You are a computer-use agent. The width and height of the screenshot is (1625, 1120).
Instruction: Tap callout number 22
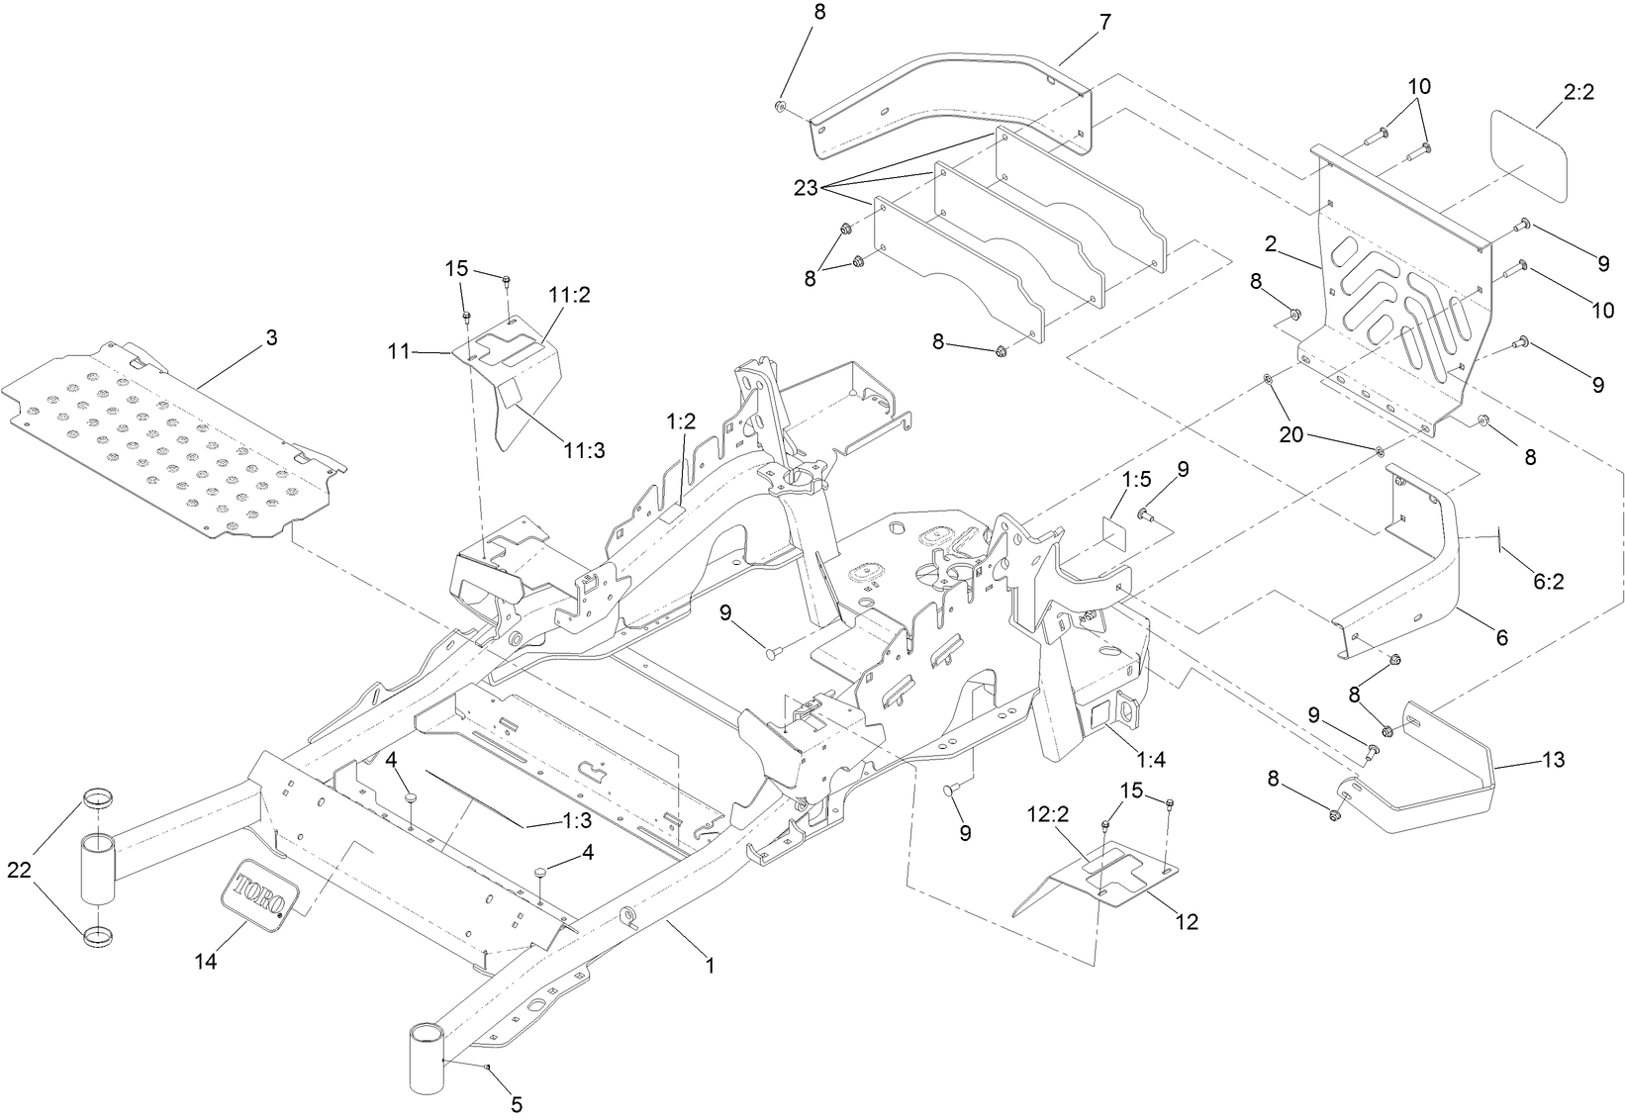[20, 870]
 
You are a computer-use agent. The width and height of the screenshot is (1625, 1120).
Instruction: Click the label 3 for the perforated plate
[271, 338]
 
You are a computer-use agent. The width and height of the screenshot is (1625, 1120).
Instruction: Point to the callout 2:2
[1578, 93]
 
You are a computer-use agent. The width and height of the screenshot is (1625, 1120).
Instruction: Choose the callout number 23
[806, 187]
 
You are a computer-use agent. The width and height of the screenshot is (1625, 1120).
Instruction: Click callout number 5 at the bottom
[516, 1102]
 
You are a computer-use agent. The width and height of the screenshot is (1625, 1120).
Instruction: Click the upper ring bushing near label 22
[96, 796]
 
